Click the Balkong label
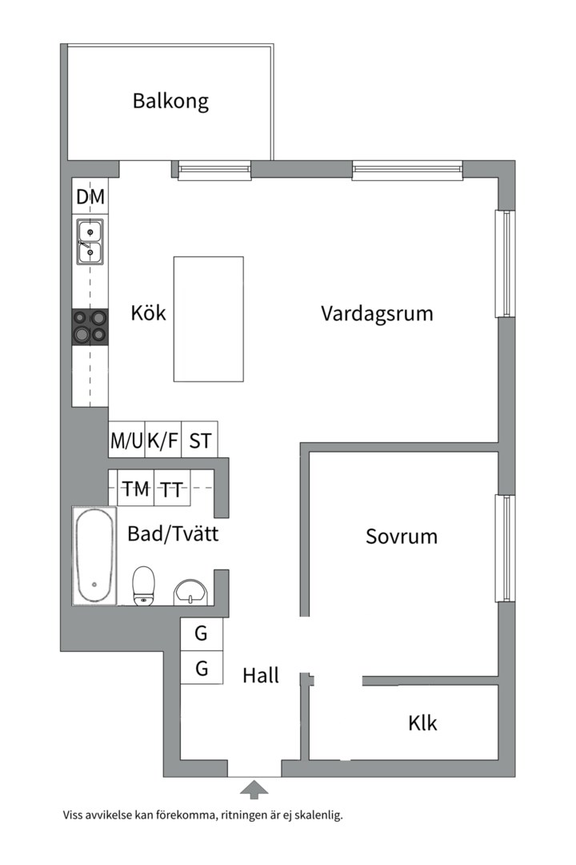coord(170,102)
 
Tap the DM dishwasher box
coord(90,197)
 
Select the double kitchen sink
coord(90,242)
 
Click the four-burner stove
coord(90,327)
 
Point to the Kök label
coord(149,312)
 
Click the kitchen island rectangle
coord(208,319)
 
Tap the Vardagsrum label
coord(377,312)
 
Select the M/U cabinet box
coord(126,440)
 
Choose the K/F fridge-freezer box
coord(163,440)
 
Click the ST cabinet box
coord(200,440)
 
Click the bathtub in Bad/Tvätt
coord(94,556)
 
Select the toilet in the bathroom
coord(144,586)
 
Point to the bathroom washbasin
coord(191,591)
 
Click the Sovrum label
coord(402,536)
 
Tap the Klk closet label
coord(422,723)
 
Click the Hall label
coord(261,675)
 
